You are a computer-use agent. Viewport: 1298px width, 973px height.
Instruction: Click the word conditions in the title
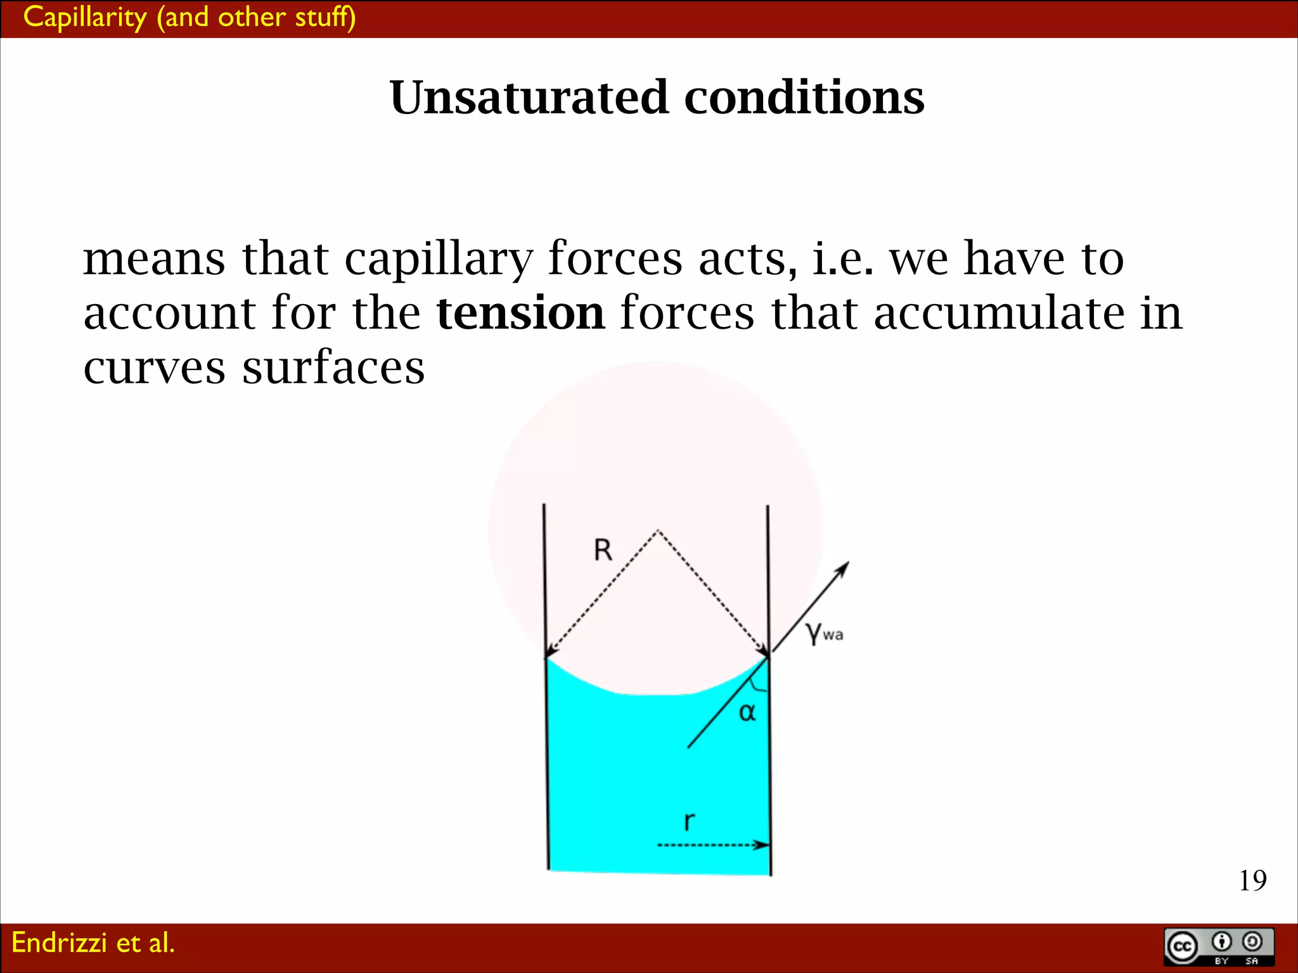pyautogui.click(x=804, y=98)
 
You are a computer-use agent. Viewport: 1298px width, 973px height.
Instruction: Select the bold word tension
pyautogui.click(x=520, y=313)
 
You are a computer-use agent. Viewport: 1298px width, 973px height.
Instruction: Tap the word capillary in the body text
pyautogui.click(x=438, y=260)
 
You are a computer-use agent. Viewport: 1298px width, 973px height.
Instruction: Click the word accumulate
pyautogui.click(x=999, y=313)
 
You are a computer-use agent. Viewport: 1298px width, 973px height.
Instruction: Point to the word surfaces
pyautogui.click(x=333, y=367)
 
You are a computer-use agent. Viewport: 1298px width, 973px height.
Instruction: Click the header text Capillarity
pyautogui.click(x=84, y=17)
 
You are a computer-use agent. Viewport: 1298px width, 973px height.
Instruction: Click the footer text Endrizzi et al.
pyautogui.click(x=93, y=943)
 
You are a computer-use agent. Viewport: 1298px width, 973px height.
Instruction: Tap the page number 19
pyautogui.click(x=1252, y=881)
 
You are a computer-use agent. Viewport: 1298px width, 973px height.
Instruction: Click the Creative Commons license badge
pyautogui.click(x=1219, y=946)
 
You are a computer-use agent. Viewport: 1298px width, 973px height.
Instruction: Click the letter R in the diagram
pyautogui.click(x=603, y=550)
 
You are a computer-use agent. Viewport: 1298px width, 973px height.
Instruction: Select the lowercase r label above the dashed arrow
pyautogui.click(x=689, y=821)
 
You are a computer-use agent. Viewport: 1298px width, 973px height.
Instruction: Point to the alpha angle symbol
pyautogui.click(x=747, y=713)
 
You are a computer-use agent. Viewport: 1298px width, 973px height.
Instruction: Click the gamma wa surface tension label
pyautogui.click(x=823, y=633)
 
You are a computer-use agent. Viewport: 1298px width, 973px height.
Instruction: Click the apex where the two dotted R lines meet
pyautogui.click(x=658, y=530)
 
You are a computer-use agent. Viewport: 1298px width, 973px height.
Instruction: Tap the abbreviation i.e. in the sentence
pyautogui.click(x=842, y=260)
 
